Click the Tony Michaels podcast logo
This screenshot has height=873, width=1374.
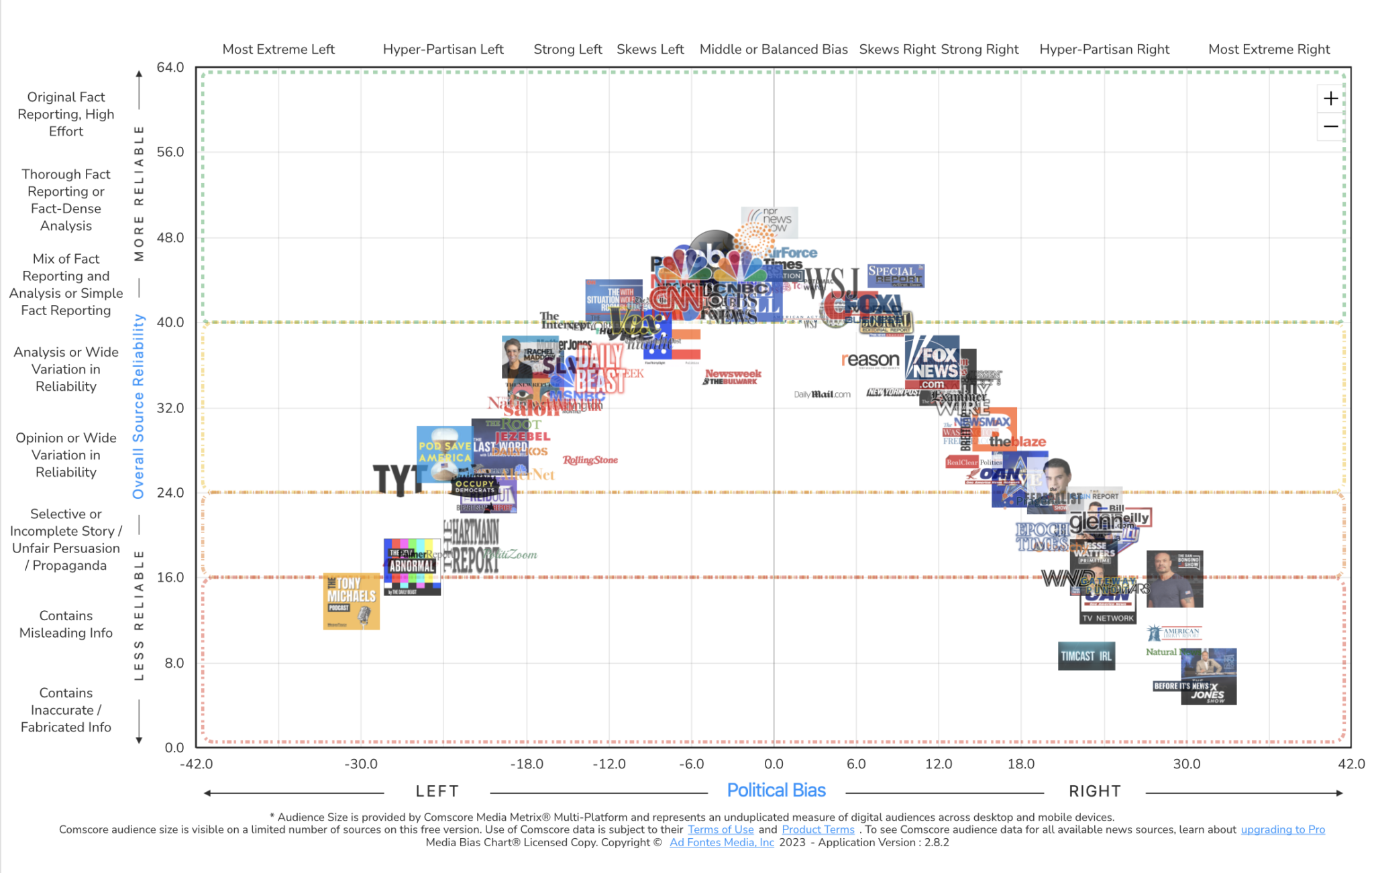(x=351, y=601)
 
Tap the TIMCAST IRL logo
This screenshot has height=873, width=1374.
(x=1086, y=656)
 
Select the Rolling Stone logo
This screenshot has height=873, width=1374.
(x=590, y=460)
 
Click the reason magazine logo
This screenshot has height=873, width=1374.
(x=870, y=360)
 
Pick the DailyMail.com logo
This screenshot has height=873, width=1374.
(x=822, y=394)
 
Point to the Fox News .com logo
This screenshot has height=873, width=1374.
(x=932, y=363)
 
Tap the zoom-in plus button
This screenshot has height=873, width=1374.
(x=1330, y=99)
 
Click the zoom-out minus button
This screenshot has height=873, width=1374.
(x=1330, y=127)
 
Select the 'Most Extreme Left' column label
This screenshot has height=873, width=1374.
(x=278, y=49)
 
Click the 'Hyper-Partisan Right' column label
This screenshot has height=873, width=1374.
(x=1104, y=49)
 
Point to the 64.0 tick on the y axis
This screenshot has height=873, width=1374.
(x=170, y=67)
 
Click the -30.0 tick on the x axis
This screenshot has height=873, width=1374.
(x=361, y=764)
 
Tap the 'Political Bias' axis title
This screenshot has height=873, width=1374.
(x=776, y=791)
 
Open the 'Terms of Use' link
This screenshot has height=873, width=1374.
(x=720, y=829)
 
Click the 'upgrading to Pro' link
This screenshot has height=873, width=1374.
(x=1282, y=829)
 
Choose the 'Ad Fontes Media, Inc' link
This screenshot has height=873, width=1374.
(x=721, y=842)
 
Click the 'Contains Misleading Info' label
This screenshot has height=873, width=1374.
(x=66, y=624)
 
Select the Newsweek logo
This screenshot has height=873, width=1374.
(x=733, y=373)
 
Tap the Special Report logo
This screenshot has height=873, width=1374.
(x=895, y=275)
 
